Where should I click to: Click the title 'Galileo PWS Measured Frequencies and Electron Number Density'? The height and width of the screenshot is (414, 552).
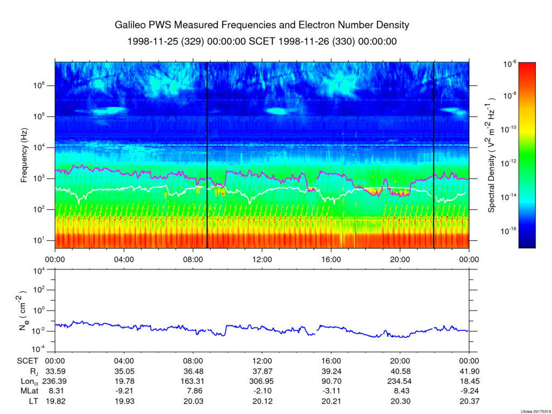pyautogui.click(x=262, y=25)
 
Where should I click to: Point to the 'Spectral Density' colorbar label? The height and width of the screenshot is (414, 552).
pyautogui.click(x=492, y=155)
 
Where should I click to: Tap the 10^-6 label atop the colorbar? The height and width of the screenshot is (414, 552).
pyautogui.click(x=510, y=64)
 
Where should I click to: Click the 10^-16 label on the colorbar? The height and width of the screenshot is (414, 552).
pyautogui.click(x=509, y=230)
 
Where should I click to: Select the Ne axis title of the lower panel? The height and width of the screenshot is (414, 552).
pyautogui.click(x=24, y=310)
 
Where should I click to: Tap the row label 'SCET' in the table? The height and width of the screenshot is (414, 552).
pyautogui.click(x=27, y=361)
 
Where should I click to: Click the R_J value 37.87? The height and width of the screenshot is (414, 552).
pyautogui.click(x=262, y=371)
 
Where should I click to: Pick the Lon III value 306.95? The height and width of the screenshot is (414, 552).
pyautogui.click(x=262, y=381)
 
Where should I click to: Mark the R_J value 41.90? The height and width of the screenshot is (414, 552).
pyautogui.click(x=469, y=371)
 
